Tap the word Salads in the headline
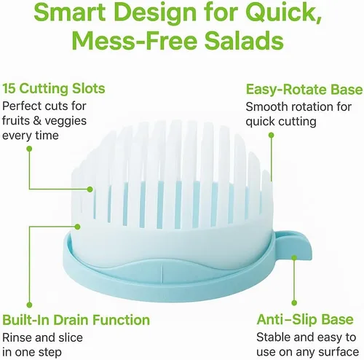point(244,40)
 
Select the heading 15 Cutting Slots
point(54,88)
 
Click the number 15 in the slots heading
point(9,88)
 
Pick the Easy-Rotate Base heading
point(304,90)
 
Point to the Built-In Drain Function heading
point(76,320)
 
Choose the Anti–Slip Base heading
point(305,319)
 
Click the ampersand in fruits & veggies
point(37,121)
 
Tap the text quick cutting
point(281,122)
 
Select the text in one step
point(32,352)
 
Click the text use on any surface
point(307,352)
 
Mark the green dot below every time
point(29,149)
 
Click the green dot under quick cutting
point(272,135)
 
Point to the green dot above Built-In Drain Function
point(29,305)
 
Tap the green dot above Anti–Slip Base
point(294,302)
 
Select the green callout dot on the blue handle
point(294,257)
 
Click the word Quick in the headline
point(285,12)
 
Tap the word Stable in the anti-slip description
point(273,337)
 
